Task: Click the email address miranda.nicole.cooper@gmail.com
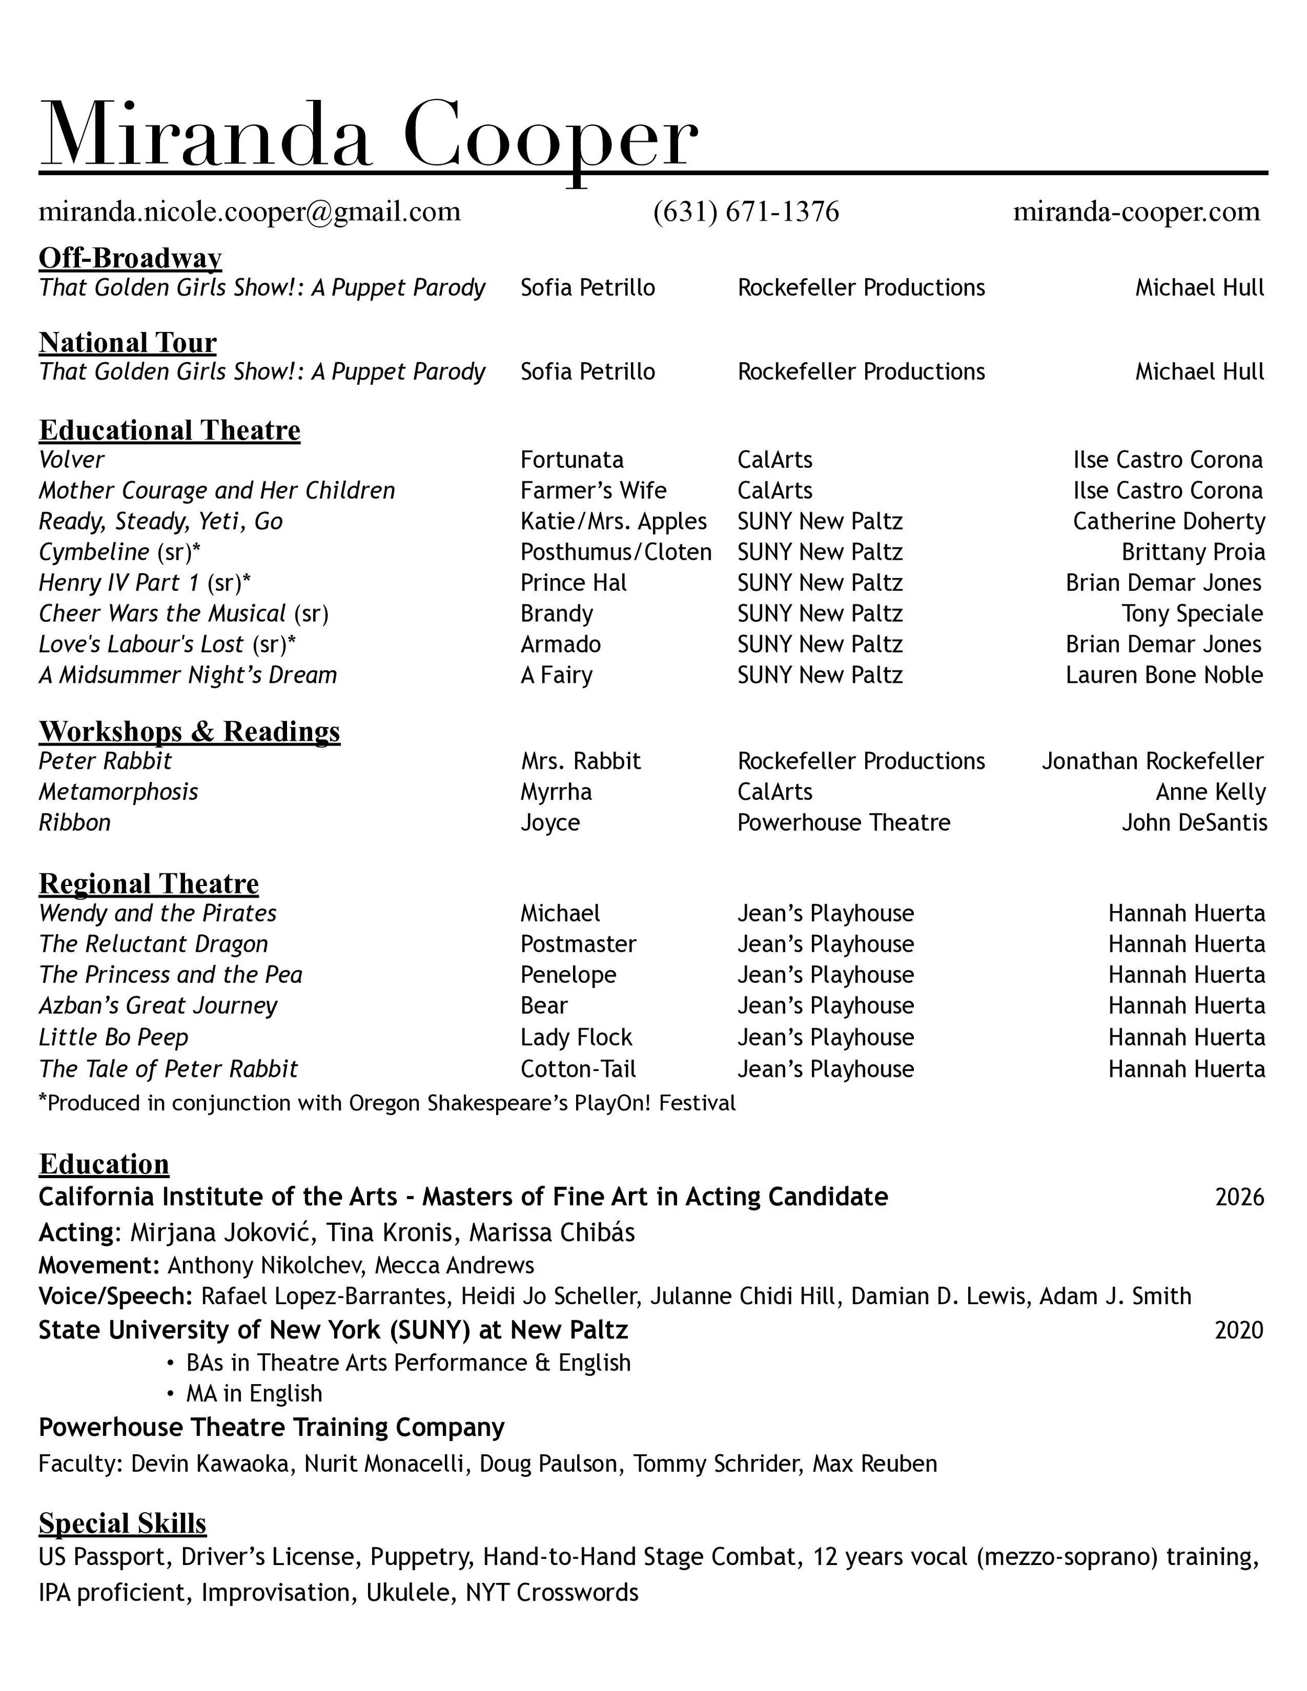(x=249, y=211)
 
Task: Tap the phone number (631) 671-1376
(x=746, y=211)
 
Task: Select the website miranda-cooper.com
(x=1136, y=211)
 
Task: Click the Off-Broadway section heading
(x=130, y=258)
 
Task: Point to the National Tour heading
(x=128, y=342)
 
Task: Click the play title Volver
(x=71, y=460)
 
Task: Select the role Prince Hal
(x=573, y=583)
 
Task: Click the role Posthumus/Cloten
(x=615, y=552)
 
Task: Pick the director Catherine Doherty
(x=1168, y=522)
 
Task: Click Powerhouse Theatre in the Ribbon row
(x=843, y=822)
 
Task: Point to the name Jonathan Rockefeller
(x=1152, y=761)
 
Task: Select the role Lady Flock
(x=576, y=1038)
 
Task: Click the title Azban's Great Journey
(x=158, y=1006)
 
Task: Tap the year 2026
(x=1239, y=1198)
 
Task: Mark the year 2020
(x=1239, y=1330)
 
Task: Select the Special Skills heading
(x=122, y=1523)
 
